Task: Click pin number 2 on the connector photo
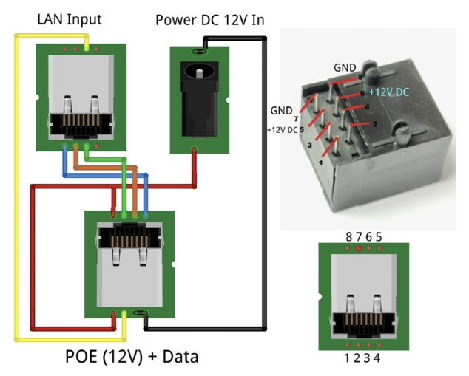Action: tap(374, 124)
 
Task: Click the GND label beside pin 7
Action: tap(282, 111)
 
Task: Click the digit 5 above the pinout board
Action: tap(379, 237)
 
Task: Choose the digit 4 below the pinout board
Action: tap(379, 359)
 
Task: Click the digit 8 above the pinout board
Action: tap(348, 237)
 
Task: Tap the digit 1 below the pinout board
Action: tap(348, 359)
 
